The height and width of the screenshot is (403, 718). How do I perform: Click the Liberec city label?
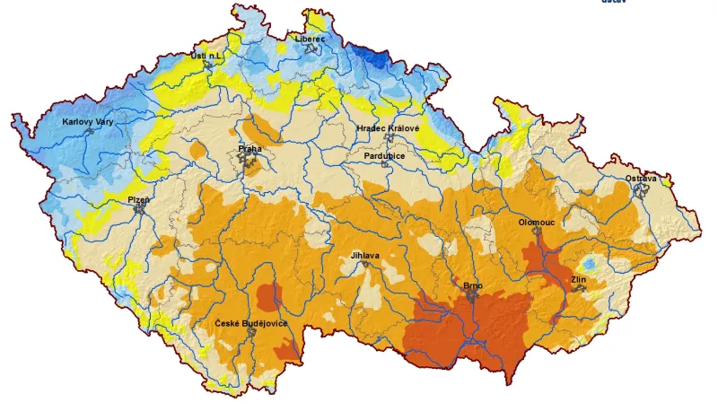coord(311,39)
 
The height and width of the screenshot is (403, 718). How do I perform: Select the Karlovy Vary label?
coord(88,121)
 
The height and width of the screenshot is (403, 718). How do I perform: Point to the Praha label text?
coord(250,148)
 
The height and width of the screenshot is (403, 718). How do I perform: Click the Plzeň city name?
coord(138,198)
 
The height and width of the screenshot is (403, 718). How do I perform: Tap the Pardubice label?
coord(384,155)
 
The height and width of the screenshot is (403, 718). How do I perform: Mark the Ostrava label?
coord(641,179)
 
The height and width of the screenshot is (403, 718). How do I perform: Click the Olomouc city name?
coord(537,221)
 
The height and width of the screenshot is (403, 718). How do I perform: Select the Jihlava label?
coord(365,256)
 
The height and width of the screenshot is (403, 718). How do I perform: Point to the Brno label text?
coord(473,285)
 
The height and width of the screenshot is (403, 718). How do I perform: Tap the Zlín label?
coord(579,280)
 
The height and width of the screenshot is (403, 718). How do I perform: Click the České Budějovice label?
coord(251,322)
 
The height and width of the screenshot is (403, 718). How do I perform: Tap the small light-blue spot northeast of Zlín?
coord(589,264)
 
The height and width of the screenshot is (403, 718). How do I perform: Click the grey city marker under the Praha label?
coord(249,162)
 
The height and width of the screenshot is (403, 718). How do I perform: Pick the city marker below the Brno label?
coord(472,296)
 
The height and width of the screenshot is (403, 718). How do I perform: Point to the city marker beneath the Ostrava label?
coord(641,190)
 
